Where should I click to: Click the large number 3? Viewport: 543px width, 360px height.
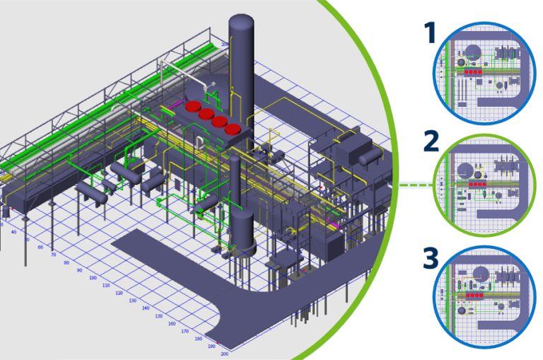[x=428, y=258]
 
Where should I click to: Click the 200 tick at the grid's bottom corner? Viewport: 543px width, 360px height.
[x=225, y=353]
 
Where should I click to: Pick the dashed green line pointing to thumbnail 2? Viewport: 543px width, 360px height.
[x=416, y=185]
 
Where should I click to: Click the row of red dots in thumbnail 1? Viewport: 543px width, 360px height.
[x=472, y=72]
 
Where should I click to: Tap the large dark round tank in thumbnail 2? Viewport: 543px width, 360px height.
[x=466, y=170]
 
